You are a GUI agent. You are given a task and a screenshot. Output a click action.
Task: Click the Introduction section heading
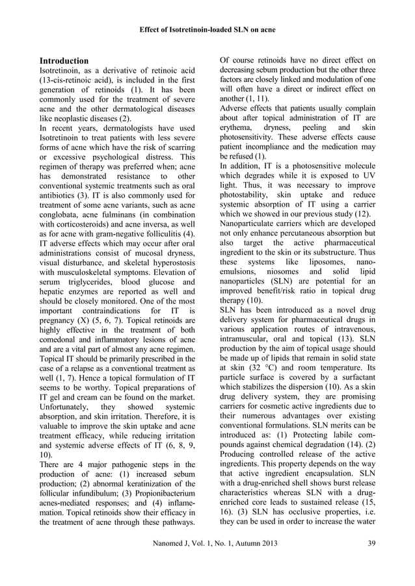[64, 60]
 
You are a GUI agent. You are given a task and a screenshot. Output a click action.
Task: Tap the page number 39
[371, 562]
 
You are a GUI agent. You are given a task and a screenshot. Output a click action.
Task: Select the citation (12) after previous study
[368, 213]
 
